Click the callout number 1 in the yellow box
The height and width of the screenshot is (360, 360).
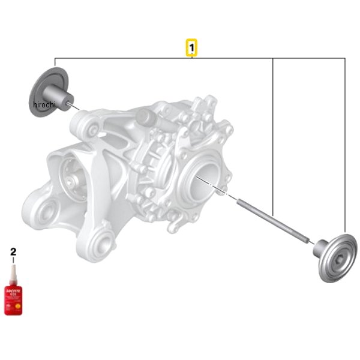(x=191, y=46)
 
